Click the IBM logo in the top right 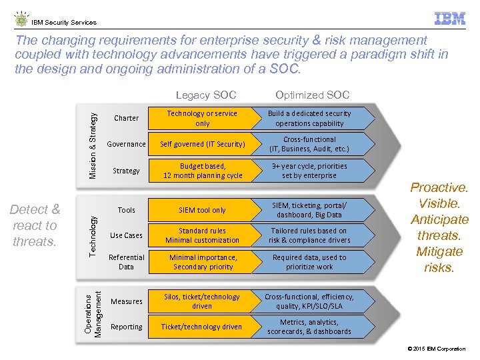[x=449, y=19]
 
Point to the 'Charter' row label [x=126, y=119]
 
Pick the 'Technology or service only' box [x=202, y=119]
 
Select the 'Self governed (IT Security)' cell [x=202, y=144]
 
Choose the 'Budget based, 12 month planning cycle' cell [x=202, y=171]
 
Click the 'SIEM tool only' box [x=202, y=210]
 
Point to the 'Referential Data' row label [x=126, y=262]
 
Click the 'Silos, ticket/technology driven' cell [x=202, y=301]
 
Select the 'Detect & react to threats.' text [x=35, y=225]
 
